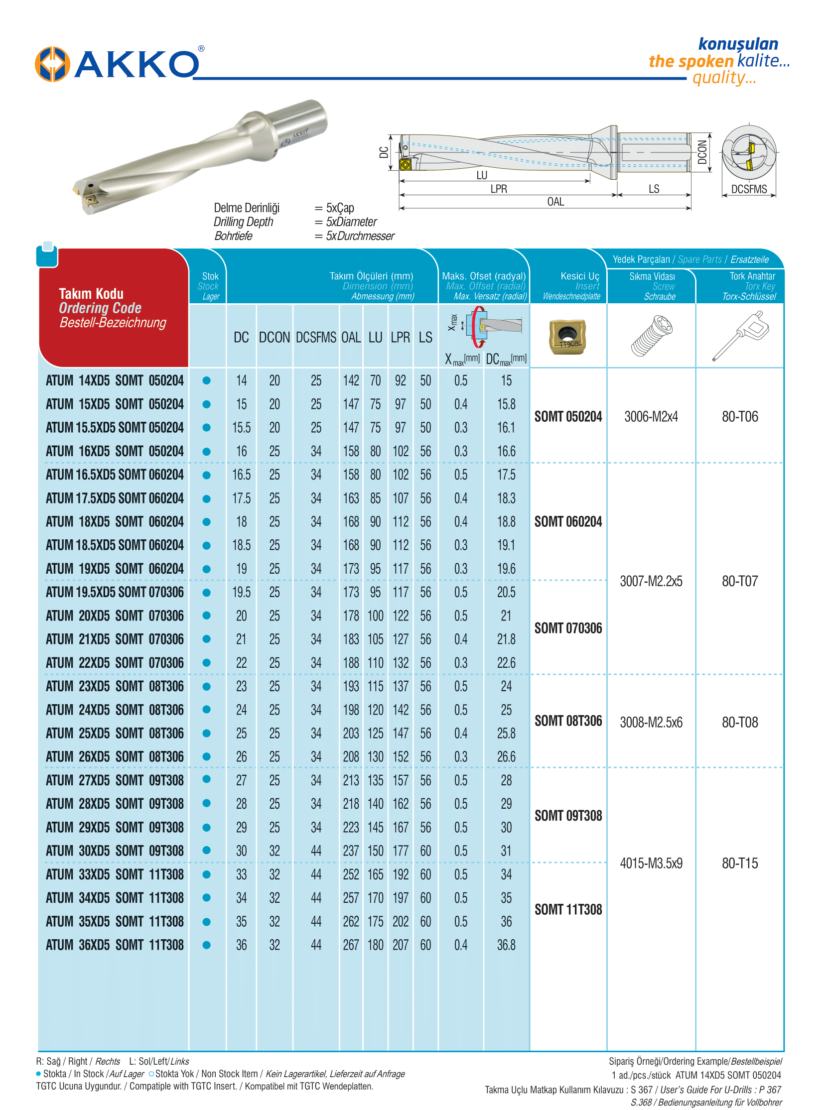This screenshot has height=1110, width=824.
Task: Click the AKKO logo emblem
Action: (x=52, y=64)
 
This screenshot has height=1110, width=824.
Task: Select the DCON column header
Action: (x=275, y=338)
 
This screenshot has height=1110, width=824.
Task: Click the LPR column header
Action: (x=400, y=338)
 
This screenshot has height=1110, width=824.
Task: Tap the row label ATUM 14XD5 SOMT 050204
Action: (x=115, y=380)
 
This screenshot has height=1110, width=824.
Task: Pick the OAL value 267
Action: (x=351, y=945)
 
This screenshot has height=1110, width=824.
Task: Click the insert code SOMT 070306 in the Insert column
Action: (x=568, y=628)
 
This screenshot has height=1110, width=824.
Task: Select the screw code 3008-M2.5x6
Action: (x=651, y=723)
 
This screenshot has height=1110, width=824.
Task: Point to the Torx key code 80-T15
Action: (x=740, y=863)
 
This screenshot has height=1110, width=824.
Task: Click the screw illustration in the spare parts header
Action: (x=652, y=336)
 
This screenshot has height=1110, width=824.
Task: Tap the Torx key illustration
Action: (x=741, y=335)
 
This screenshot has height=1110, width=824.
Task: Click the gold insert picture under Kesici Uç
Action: (x=567, y=337)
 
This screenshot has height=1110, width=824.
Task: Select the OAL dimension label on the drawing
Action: (x=555, y=202)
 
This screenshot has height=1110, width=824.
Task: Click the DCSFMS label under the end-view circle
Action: (x=749, y=190)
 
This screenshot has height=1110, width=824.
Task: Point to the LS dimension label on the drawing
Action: (x=654, y=189)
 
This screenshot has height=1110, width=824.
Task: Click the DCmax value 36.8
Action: (x=506, y=945)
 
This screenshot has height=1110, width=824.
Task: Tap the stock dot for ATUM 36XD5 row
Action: (x=207, y=945)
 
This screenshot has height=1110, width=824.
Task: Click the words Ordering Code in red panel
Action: (x=100, y=308)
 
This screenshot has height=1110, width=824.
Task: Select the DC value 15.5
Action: (x=242, y=428)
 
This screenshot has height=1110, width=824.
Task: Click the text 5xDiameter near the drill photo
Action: (x=351, y=222)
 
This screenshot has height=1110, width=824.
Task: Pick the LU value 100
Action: (x=375, y=616)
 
